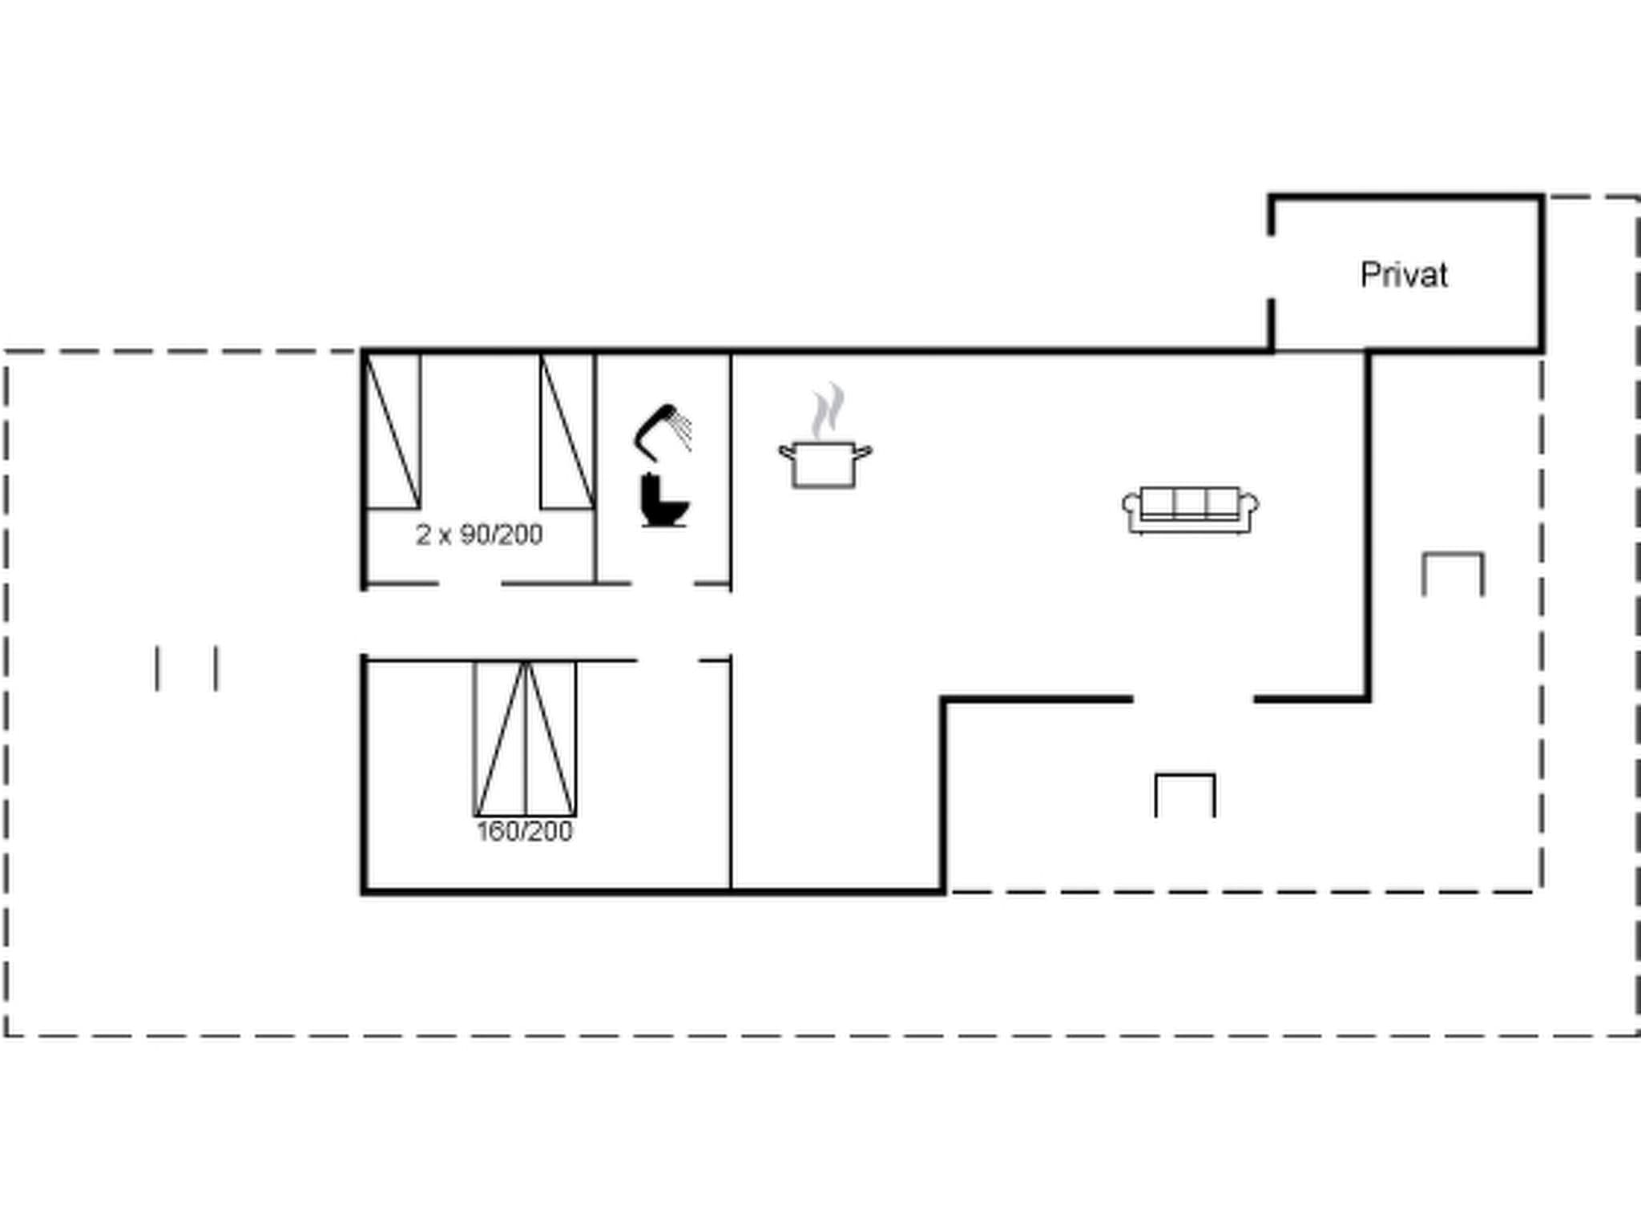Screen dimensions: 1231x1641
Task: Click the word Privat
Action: (1404, 275)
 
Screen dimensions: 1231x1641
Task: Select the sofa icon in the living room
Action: (1190, 510)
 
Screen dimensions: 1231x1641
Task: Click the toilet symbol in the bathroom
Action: (663, 501)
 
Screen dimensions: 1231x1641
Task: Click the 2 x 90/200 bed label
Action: (479, 535)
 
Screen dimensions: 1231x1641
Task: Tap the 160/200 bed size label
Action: (525, 831)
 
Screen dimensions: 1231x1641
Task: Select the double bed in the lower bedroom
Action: (525, 738)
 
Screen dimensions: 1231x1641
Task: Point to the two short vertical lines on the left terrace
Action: (187, 668)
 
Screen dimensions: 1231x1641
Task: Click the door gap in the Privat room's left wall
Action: (1271, 268)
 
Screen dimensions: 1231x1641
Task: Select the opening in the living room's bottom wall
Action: (1194, 700)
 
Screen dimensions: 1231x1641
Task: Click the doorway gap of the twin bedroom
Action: (470, 583)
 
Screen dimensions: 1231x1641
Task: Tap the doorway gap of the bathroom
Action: (663, 583)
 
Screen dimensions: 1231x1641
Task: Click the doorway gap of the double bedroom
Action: (667, 660)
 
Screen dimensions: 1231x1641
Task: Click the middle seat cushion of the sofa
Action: (1190, 502)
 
